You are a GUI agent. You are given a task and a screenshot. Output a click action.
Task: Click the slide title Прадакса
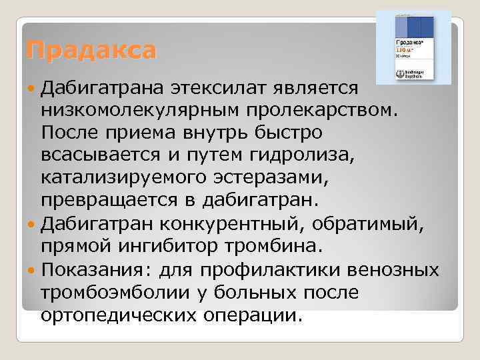[x=91, y=50]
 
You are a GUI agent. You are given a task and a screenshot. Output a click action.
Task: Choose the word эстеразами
[x=261, y=179]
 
